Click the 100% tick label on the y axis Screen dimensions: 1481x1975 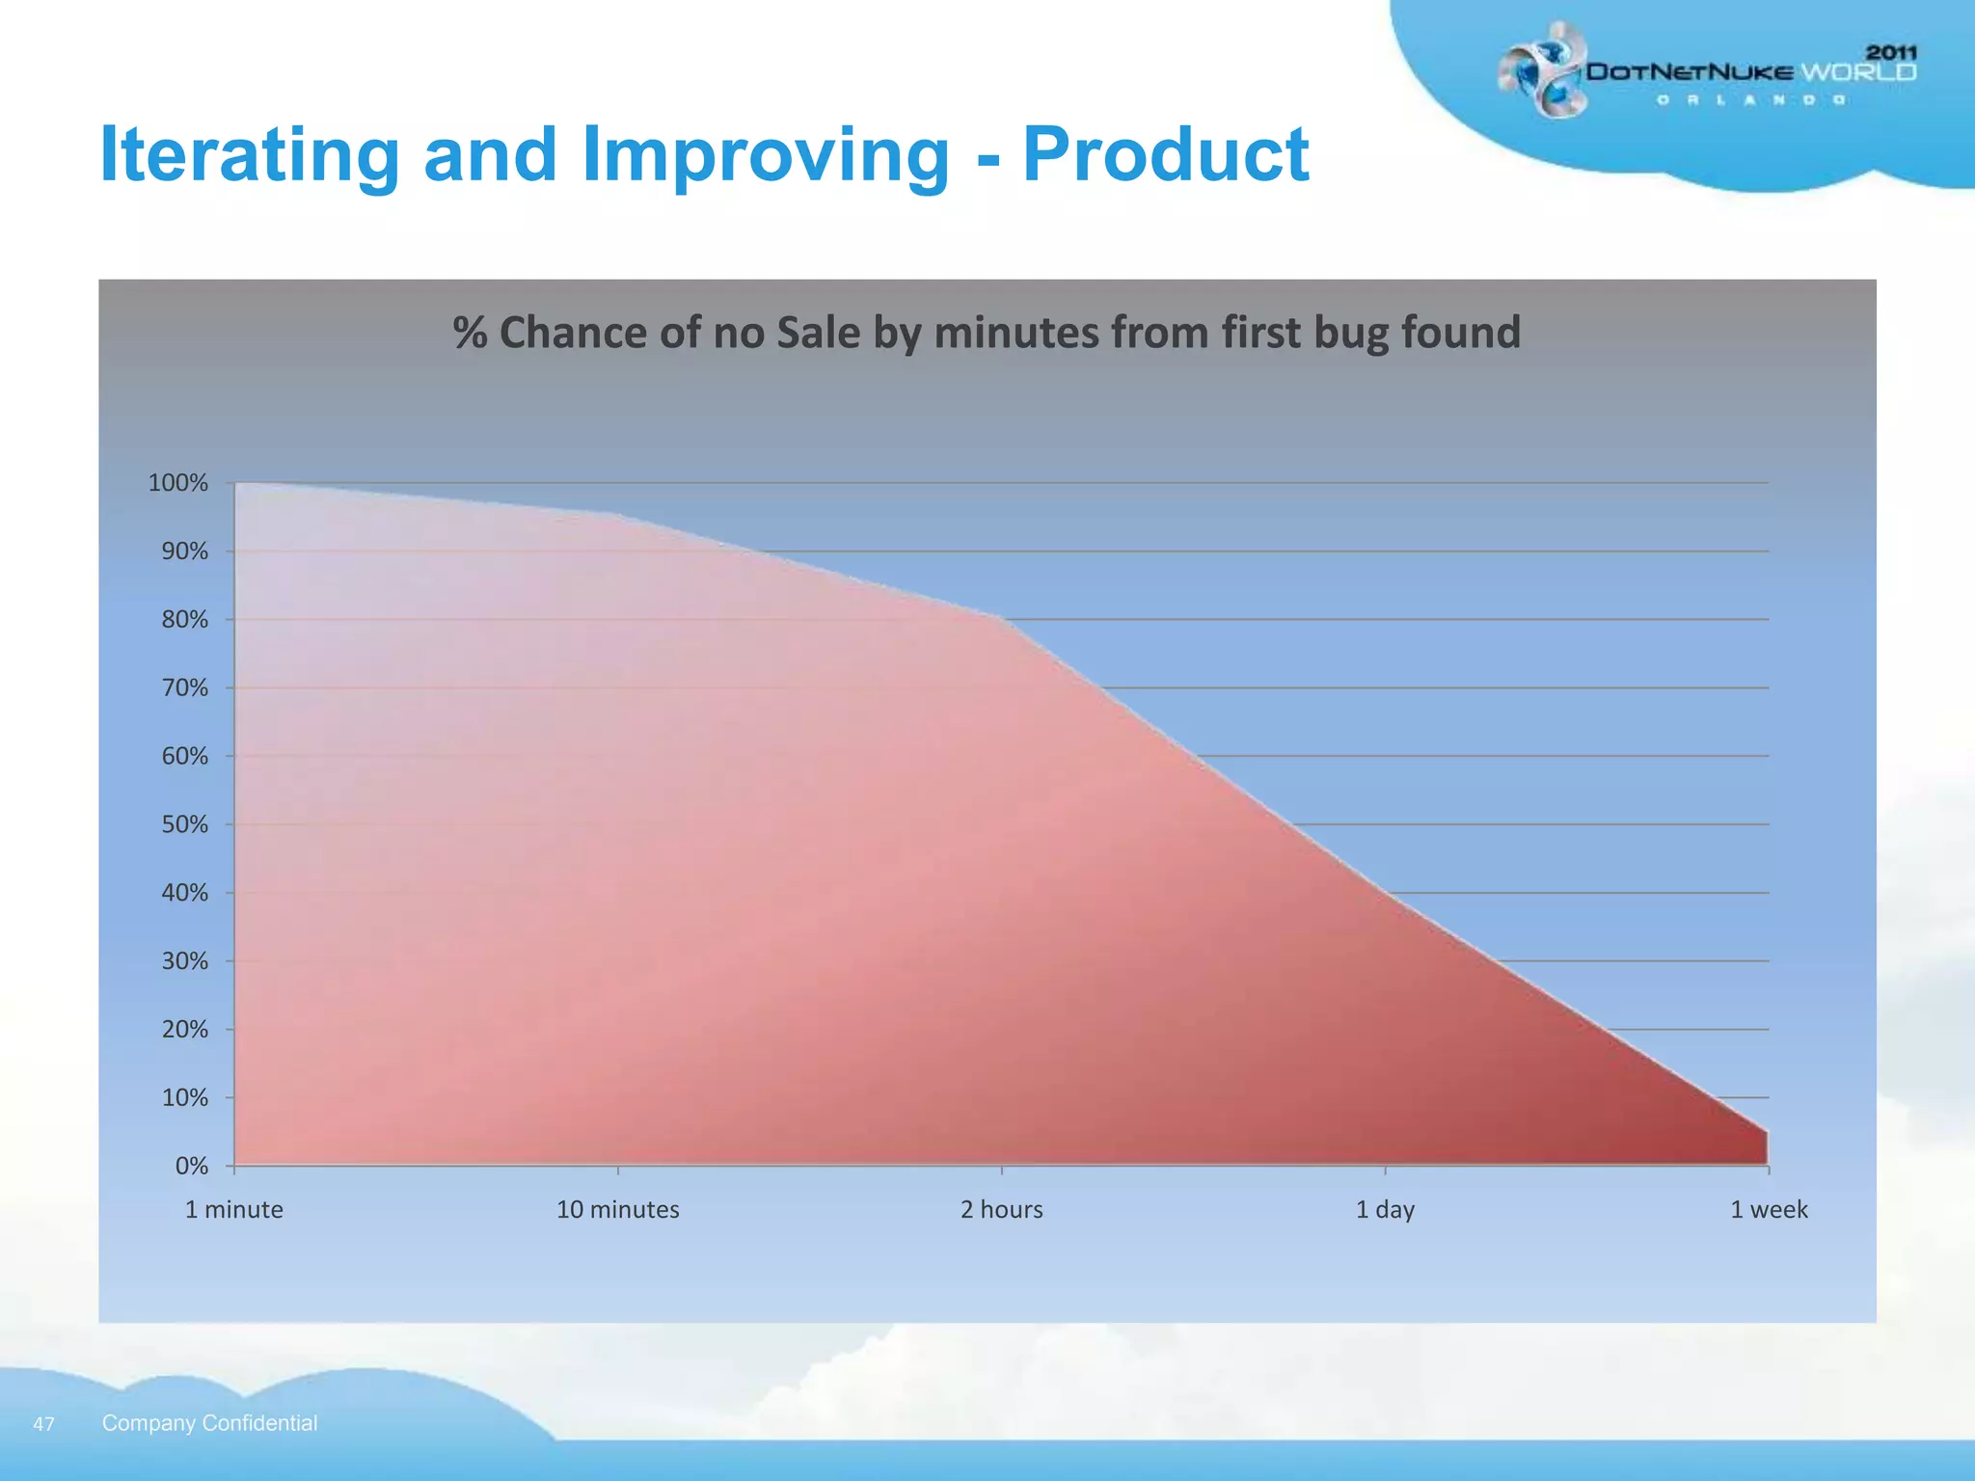click(x=177, y=483)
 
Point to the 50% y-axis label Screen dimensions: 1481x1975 click(x=184, y=824)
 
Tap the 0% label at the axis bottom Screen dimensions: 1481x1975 click(x=191, y=1166)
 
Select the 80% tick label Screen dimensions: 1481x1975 click(x=184, y=620)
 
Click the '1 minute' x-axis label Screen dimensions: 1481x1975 click(x=233, y=1209)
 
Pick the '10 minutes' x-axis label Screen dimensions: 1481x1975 click(x=617, y=1209)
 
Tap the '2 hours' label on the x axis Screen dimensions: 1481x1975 click(x=1001, y=1209)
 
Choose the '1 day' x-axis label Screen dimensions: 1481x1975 click(x=1385, y=1209)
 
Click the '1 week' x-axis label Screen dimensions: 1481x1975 click(x=1769, y=1209)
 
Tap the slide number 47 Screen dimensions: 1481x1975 click(x=43, y=1424)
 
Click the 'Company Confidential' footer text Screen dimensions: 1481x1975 click(x=209, y=1423)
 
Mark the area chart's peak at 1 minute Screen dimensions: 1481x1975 click(x=235, y=483)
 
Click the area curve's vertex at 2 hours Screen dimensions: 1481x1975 click(x=1001, y=618)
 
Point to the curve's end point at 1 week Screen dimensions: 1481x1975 click(x=1767, y=1132)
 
